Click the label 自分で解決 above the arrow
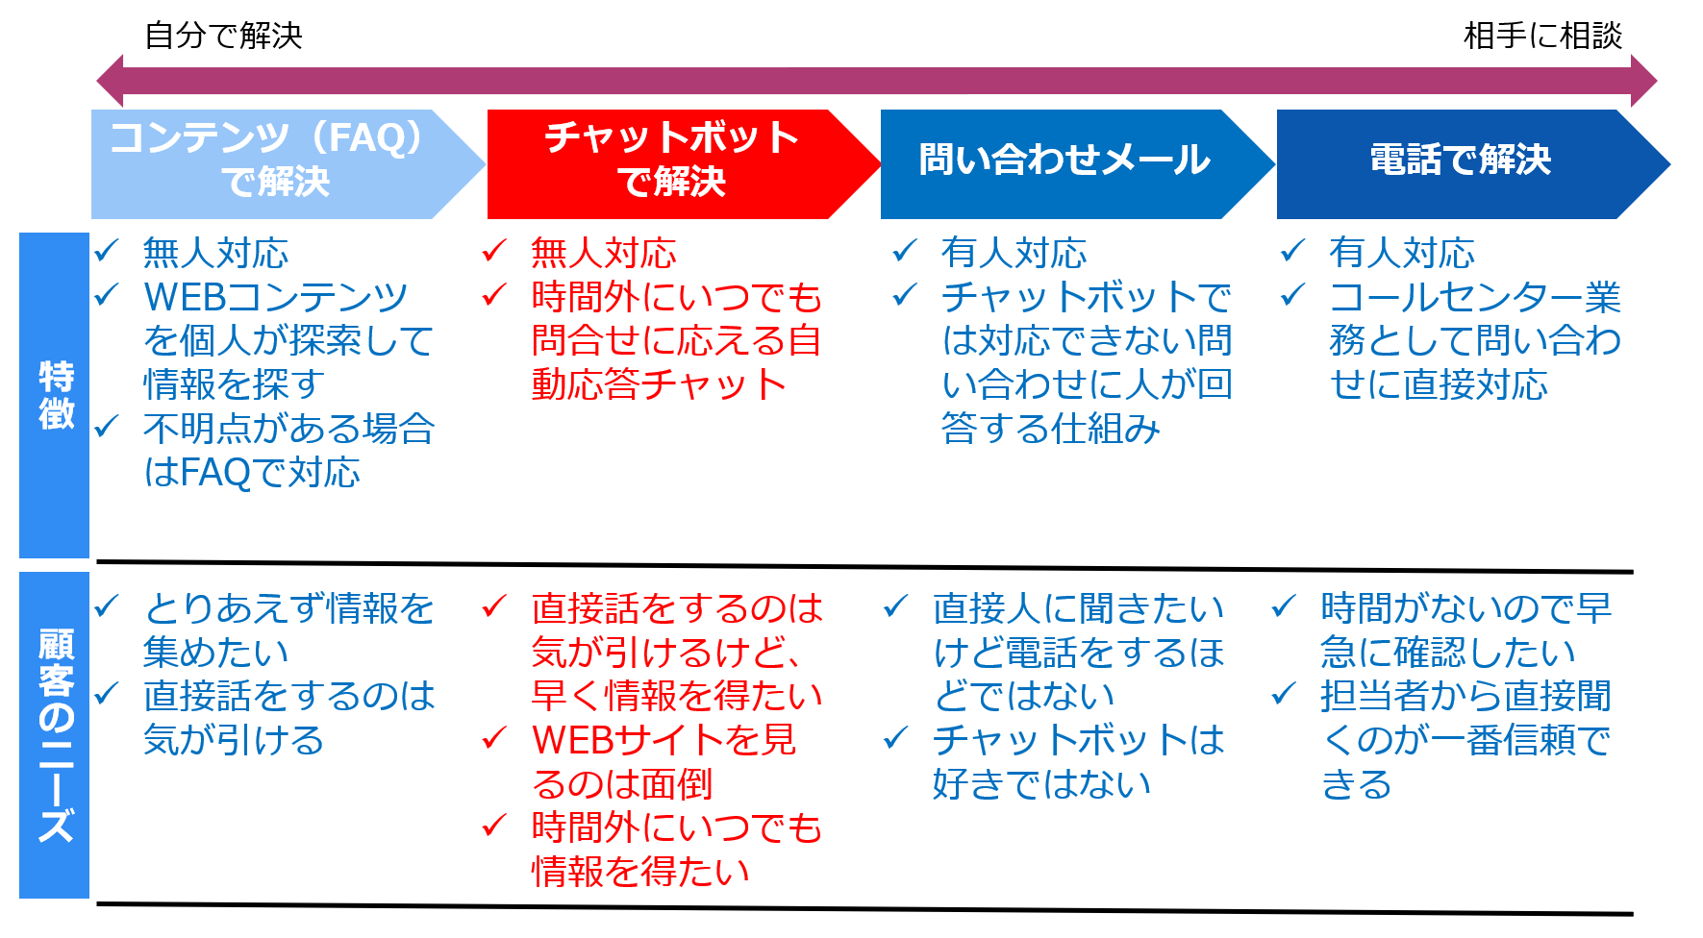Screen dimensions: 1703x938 tap(223, 36)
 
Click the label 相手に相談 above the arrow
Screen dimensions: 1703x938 tap(1542, 36)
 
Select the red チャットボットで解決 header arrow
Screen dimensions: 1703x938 tap(684, 164)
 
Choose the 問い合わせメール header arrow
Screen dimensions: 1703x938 tap(1078, 164)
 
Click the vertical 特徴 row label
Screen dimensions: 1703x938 tap(55, 395)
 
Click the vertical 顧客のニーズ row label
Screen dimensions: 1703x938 tap(55, 735)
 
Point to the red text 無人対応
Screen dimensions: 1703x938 tap(603, 253)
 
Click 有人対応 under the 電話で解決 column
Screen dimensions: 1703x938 tap(1401, 253)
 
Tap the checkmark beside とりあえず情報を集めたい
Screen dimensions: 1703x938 tap(106, 605)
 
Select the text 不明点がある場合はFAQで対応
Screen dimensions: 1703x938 tap(288, 450)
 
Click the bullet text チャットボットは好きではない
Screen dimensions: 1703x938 tap(1078, 761)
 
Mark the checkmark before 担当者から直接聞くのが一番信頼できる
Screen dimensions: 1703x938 tap(1284, 693)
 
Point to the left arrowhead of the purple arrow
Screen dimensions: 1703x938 tap(110, 81)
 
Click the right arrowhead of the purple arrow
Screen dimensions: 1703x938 tap(1644, 81)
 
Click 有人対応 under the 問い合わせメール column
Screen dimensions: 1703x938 tap(1014, 253)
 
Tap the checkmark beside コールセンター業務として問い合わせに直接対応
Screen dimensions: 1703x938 tap(1292, 294)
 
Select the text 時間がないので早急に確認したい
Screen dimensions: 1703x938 tap(1465, 629)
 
